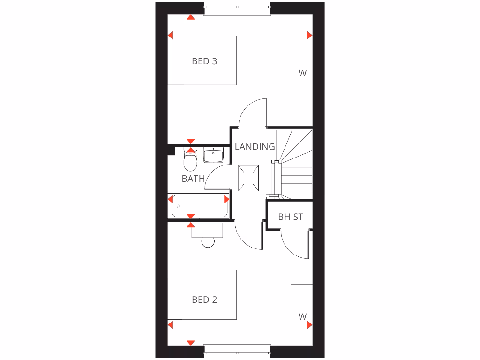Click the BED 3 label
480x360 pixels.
point(204,61)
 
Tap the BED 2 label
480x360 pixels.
point(204,300)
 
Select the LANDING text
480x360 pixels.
point(255,147)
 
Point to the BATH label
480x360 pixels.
point(193,179)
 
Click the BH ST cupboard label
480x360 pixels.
point(291,217)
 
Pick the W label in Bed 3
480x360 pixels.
point(302,73)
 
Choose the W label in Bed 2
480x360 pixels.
point(302,316)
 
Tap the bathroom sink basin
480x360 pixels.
point(213,155)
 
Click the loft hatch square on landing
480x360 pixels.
point(248,179)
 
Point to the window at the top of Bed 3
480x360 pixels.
point(237,8)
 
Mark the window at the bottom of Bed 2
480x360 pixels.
point(237,352)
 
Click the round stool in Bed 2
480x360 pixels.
point(208,242)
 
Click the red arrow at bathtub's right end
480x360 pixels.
point(227,199)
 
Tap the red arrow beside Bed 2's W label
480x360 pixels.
point(310,324)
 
